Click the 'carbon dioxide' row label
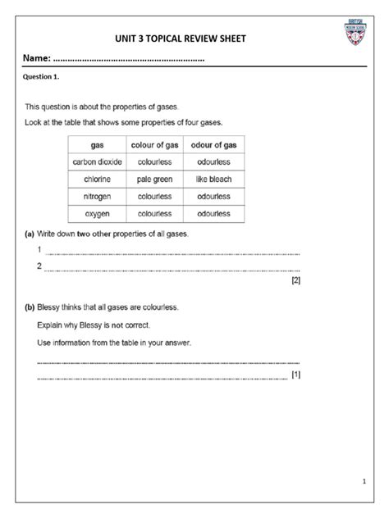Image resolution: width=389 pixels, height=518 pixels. (x=97, y=162)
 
